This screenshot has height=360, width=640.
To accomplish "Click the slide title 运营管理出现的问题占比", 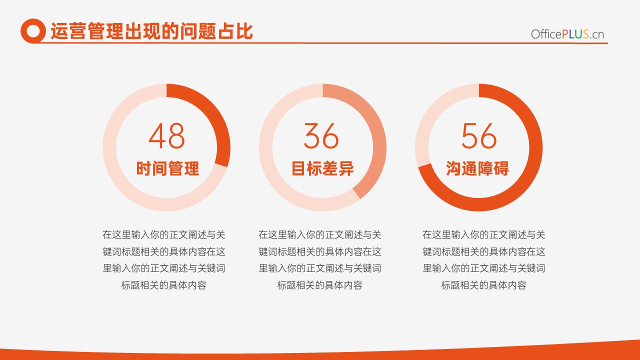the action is pyautogui.click(x=151, y=31).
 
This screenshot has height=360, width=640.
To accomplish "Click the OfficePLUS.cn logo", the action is pyautogui.click(x=567, y=34).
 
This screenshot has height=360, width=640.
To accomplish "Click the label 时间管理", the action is pyautogui.click(x=167, y=168).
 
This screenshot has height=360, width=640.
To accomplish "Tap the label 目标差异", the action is pyautogui.click(x=322, y=168).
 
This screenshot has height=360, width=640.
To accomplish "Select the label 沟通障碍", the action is pyautogui.click(x=477, y=168).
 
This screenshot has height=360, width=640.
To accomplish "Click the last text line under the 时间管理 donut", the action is pyautogui.click(x=163, y=285).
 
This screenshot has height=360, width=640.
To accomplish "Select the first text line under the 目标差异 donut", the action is pyautogui.click(x=319, y=235).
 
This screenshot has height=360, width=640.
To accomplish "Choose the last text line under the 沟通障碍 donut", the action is pyautogui.click(x=483, y=285).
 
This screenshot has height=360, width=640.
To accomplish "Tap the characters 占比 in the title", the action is pyautogui.click(x=235, y=31).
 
